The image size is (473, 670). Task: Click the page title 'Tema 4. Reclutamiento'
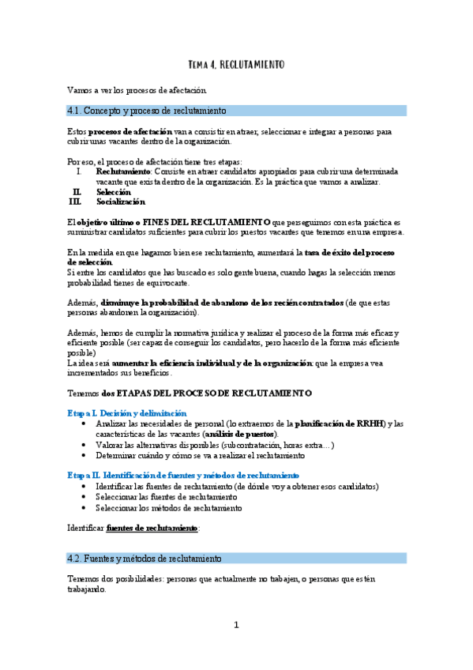coord(236,63)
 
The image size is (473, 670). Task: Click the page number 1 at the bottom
coord(236,625)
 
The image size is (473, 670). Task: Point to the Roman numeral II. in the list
coord(77,192)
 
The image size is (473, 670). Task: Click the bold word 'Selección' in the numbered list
coord(114,192)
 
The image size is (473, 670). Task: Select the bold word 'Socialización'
coord(121,202)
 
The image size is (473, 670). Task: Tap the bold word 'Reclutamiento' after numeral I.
coord(122,171)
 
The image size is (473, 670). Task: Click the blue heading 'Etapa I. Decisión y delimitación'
coord(126,413)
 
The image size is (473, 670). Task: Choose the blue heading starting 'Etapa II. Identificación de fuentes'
coord(182,476)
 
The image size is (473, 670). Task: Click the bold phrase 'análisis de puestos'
coord(240,435)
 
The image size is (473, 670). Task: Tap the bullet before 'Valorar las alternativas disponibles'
coord(84,446)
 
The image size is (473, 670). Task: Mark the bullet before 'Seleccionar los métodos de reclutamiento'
coord(84,508)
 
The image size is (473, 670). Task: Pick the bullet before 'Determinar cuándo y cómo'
coord(84,456)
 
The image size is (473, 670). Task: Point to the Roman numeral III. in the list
coord(76,202)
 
